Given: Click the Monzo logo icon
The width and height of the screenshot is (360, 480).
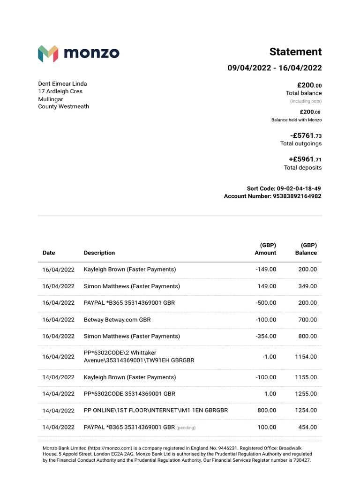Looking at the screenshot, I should [48, 54].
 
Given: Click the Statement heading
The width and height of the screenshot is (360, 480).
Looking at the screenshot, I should [295, 52].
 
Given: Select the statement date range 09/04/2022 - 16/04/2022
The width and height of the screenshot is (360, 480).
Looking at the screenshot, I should [275, 68].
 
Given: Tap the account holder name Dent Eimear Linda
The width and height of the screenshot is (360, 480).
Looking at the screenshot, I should [62, 84].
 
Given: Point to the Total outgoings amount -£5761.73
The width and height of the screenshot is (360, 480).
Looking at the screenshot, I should [306, 136].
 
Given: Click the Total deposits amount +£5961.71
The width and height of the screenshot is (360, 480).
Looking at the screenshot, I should [305, 159].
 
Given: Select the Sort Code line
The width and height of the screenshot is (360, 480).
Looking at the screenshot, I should [284, 188].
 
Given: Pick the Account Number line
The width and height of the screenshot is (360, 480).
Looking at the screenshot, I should [273, 196].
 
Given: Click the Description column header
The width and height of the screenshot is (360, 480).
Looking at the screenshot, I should [99, 253].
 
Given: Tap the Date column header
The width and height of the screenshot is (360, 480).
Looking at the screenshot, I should [49, 253].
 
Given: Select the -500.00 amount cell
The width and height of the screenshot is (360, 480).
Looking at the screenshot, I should [266, 303].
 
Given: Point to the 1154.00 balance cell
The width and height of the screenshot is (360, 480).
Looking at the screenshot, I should [306, 357].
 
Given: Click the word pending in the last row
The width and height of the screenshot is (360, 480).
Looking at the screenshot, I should [186, 427].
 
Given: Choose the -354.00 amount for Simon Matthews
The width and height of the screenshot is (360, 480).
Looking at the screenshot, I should [266, 336].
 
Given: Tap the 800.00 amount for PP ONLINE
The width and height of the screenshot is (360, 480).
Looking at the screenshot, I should [267, 410].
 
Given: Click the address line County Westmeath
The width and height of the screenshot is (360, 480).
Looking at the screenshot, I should [63, 106].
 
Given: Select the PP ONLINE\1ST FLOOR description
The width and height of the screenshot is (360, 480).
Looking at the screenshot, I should [156, 410].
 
